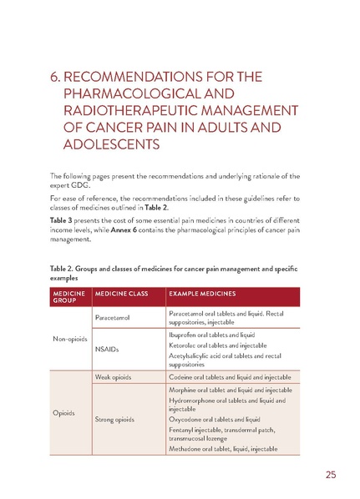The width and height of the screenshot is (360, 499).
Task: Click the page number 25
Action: [331, 475]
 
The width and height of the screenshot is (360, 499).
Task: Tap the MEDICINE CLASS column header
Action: [124, 295]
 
